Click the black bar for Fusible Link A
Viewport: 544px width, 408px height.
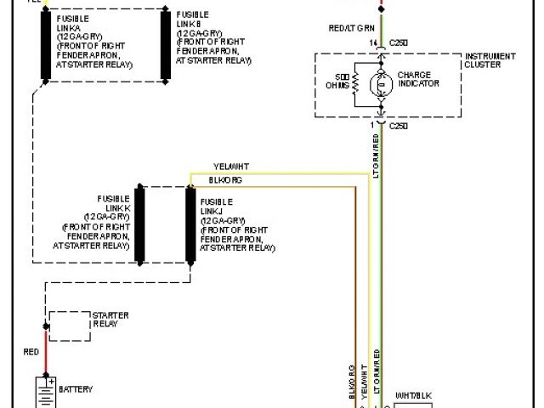tap(43, 46)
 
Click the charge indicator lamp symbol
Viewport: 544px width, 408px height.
tap(382, 84)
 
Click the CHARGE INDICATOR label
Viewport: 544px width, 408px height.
tap(419, 79)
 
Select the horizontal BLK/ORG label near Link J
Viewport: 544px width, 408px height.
tap(226, 180)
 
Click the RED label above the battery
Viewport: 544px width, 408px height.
tap(31, 351)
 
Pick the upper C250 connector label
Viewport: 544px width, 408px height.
tap(399, 42)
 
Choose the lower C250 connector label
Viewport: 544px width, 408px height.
tap(399, 126)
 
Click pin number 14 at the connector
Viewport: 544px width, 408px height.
tap(372, 42)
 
